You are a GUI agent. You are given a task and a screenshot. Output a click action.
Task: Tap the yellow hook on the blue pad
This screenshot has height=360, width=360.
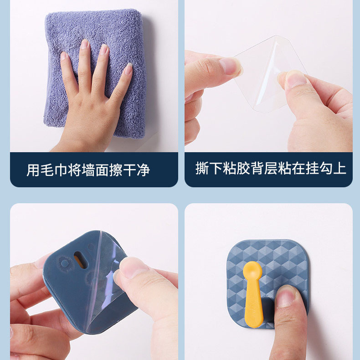point(253,294)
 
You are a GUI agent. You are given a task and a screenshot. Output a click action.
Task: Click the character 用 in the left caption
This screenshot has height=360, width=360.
point(33,170)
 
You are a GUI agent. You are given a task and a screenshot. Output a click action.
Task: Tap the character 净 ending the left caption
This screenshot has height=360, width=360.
point(143,170)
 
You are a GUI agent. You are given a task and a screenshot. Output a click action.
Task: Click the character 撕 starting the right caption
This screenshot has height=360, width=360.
point(202,168)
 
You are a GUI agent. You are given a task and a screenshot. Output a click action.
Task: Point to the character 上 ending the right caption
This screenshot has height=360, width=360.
point(339,168)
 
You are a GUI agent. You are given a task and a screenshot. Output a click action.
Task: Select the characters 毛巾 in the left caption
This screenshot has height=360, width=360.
point(54,170)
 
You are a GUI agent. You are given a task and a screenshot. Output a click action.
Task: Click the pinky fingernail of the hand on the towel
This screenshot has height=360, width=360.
point(129,69)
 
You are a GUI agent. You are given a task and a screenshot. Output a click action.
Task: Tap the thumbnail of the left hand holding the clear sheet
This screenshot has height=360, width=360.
point(230,66)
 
